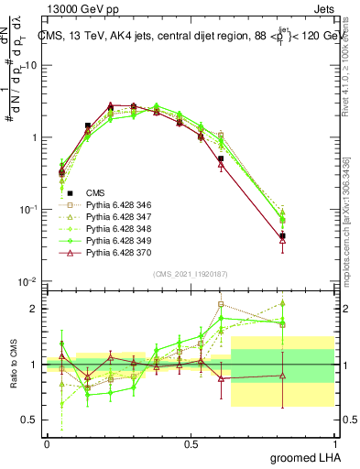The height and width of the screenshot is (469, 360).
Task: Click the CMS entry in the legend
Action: (x=95, y=193)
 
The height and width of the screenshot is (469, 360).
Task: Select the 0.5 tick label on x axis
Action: (x=191, y=443)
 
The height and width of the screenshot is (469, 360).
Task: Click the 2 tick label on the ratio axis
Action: (x=36, y=309)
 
